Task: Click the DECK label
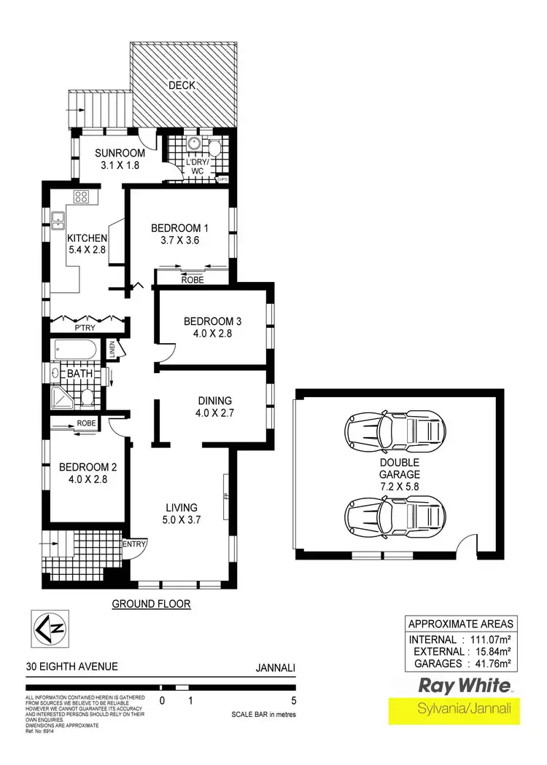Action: [x=182, y=85]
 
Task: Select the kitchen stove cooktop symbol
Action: [x=81, y=196]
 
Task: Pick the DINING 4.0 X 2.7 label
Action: [x=214, y=407]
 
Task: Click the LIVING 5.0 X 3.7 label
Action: [x=182, y=513]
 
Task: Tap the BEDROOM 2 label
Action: [x=82, y=474]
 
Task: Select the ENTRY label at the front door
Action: [x=136, y=544]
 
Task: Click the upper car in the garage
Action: [x=394, y=433]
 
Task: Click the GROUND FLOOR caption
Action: [x=151, y=604]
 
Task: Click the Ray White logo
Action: [x=461, y=685]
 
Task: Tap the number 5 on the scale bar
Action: [x=293, y=701]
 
